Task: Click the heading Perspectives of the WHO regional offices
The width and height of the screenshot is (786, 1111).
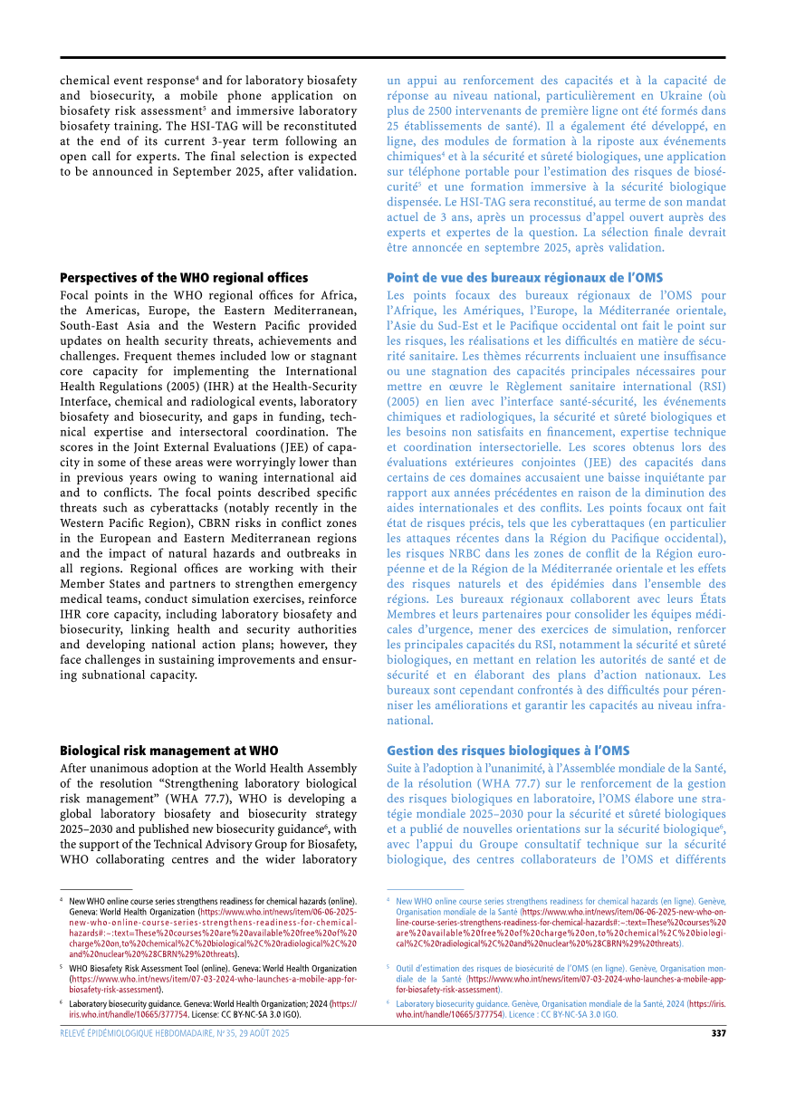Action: pos(184,278)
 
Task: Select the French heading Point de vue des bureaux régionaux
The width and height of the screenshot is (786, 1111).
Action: pos(524,278)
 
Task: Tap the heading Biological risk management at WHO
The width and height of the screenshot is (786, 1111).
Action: pos(168,751)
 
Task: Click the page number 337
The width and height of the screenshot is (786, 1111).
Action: pos(718,1033)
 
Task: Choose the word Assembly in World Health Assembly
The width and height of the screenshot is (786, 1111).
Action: pos(328,768)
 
